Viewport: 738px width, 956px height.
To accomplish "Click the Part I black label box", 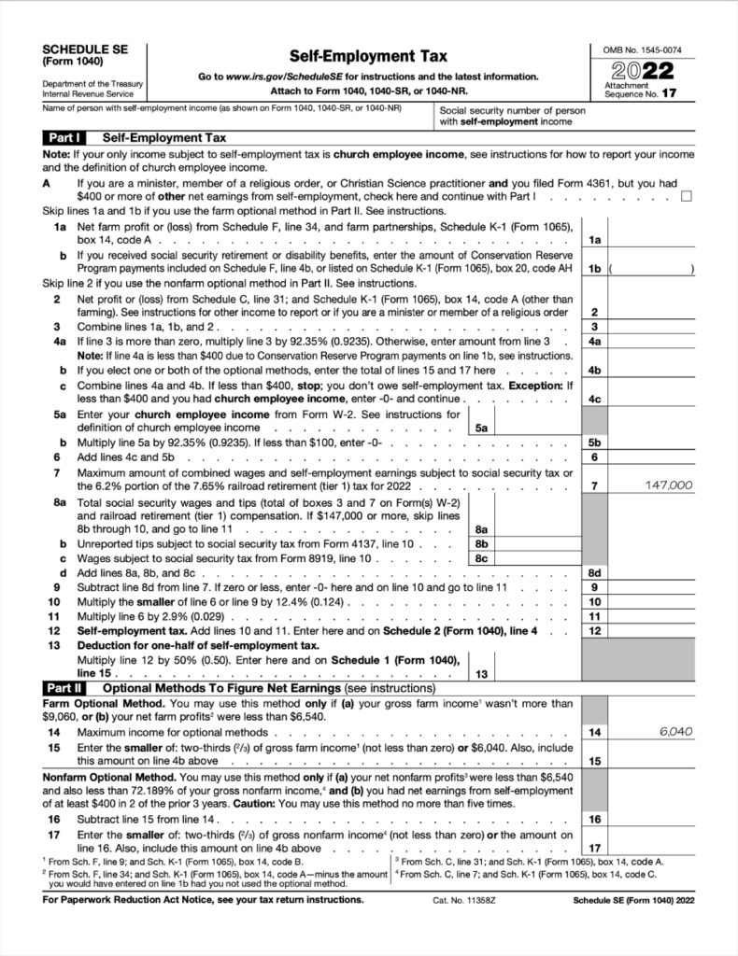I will point(64,137).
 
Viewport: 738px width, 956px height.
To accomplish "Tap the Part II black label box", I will point(64,687).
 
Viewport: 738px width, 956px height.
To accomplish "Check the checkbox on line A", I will point(687,196).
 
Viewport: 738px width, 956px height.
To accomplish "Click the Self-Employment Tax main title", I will point(368,56).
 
